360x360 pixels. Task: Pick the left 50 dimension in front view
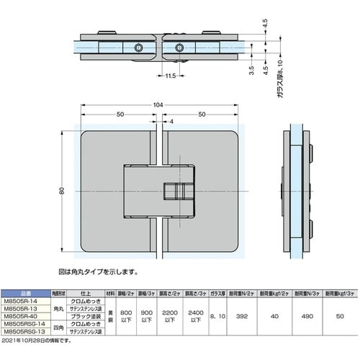pos(118,114)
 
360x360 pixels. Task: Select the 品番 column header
pos(24,292)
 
